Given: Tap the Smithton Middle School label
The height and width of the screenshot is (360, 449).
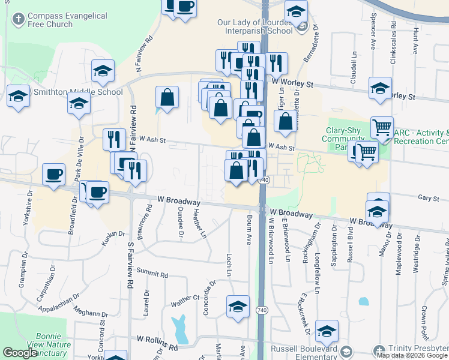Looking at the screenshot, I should pos(78,92).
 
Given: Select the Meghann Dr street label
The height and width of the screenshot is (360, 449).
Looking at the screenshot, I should pos(91,312).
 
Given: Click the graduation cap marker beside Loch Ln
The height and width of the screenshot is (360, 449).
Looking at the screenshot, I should pos(238,306).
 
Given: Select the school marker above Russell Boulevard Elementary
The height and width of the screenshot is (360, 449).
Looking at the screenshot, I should pos(327,331).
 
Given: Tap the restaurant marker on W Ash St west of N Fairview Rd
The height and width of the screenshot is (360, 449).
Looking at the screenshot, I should pos(113,139).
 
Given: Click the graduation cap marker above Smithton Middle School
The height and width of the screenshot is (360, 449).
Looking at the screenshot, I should pos(103,71).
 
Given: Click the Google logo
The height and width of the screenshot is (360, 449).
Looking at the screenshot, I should pos(20,353).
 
